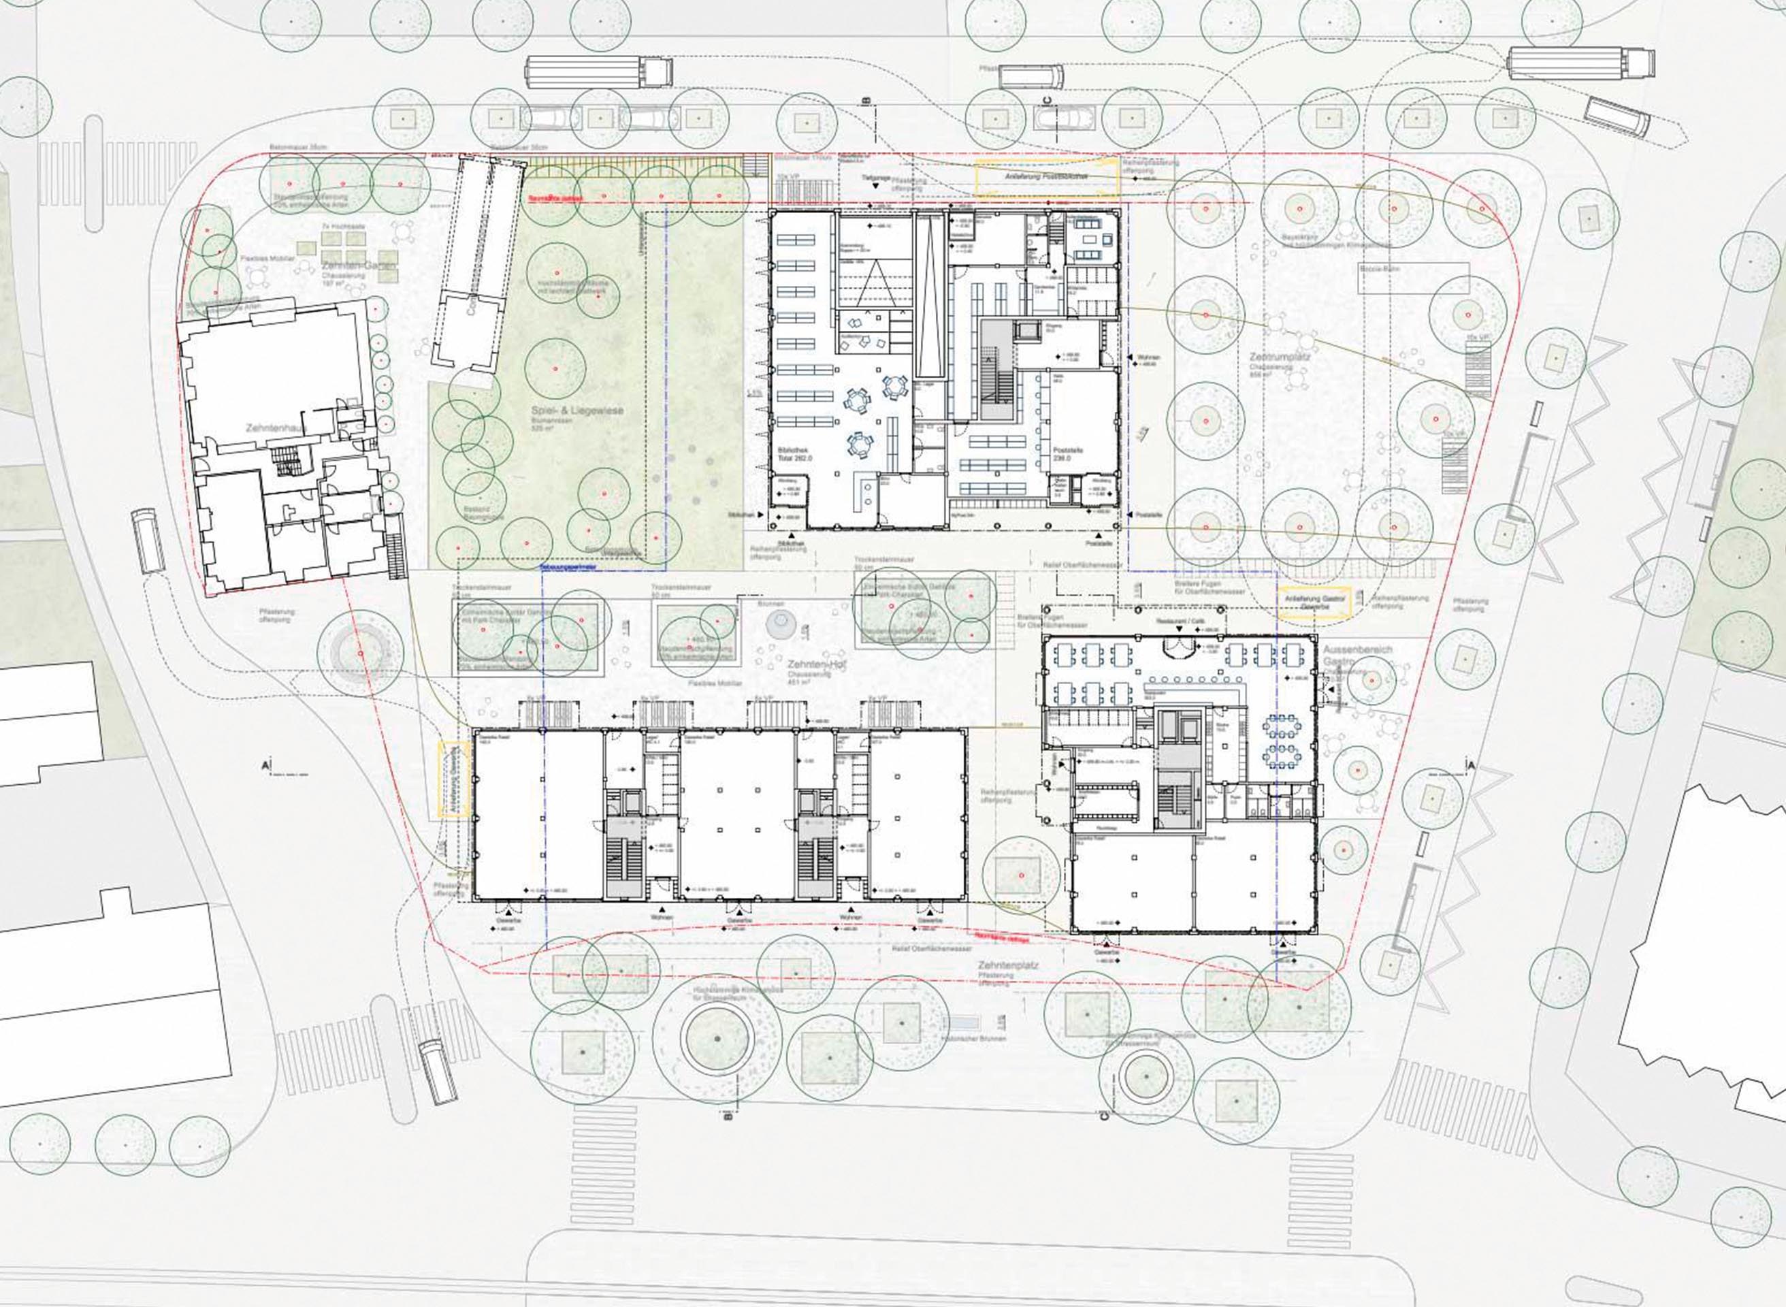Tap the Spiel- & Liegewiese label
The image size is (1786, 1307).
point(577,410)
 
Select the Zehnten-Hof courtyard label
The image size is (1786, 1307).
point(816,664)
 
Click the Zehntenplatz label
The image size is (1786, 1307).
point(1008,966)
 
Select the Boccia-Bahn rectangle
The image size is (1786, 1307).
point(1414,278)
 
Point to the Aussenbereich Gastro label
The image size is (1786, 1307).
point(1357,654)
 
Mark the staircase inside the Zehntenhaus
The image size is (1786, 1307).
point(288,459)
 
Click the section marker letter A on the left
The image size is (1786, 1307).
point(264,764)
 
